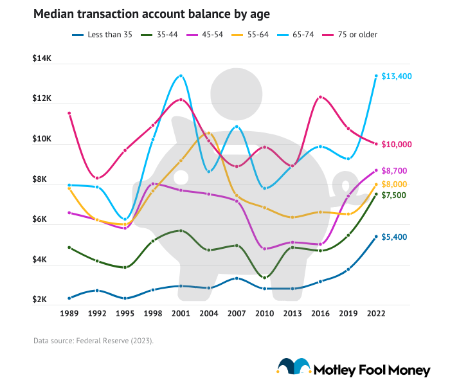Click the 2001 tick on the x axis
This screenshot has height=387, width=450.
click(x=181, y=314)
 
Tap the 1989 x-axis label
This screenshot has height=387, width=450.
click(x=69, y=314)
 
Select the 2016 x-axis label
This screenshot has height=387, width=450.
click(x=320, y=314)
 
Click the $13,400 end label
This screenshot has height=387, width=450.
click(x=396, y=76)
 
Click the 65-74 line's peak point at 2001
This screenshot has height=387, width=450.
click(x=181, y=76)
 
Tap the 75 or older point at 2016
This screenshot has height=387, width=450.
click(x=320, y=98)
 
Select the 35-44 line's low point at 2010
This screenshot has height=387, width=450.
click(x=264, y=277)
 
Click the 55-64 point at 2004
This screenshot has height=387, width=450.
click(x=208, y=133)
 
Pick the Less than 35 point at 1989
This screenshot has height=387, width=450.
click(x=69, y=298)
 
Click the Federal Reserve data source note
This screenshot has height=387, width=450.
click(x=93, y=341)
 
